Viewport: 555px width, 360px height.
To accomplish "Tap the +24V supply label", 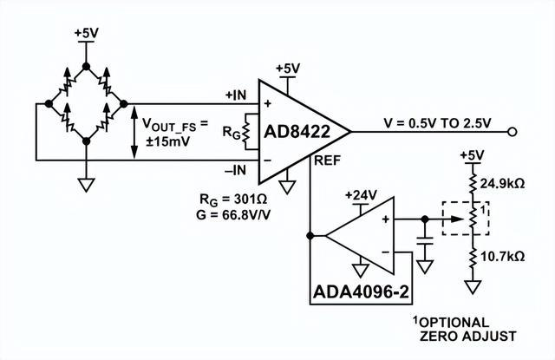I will click(360, 194).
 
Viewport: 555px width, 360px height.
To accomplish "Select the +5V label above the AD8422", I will click(288, 68).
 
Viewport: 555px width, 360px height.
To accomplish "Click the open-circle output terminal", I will click(513, 132).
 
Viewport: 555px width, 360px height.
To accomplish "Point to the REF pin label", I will click(327, 161).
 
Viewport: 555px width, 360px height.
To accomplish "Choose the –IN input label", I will click(237, 170).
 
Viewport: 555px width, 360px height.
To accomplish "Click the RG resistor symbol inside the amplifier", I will click(246, 131).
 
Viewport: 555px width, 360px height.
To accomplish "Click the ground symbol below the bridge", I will click(86, 184).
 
